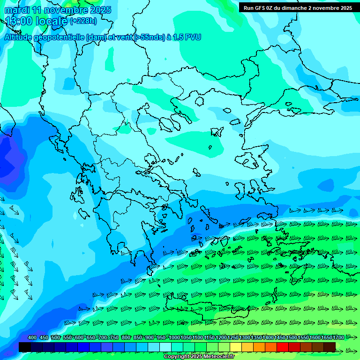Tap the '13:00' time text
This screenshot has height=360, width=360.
[19, 21]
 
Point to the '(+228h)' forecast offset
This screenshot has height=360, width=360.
[84, 21]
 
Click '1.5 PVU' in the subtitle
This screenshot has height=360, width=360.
[187, 37]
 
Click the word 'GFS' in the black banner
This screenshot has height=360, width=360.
[259, 8]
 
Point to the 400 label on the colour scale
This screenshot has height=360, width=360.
[32, 337]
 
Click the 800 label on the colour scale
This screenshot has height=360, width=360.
[126, 337]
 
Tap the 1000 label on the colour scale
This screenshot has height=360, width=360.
[174, 337]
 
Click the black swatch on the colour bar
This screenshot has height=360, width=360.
[25, 347]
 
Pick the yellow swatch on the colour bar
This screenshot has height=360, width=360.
[236, 347]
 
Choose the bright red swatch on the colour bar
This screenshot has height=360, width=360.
[283, 347]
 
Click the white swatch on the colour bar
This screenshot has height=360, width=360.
[165, 347]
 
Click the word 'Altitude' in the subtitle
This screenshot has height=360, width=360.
[18, 37]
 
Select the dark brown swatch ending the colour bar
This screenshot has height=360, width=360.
[330, 347]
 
